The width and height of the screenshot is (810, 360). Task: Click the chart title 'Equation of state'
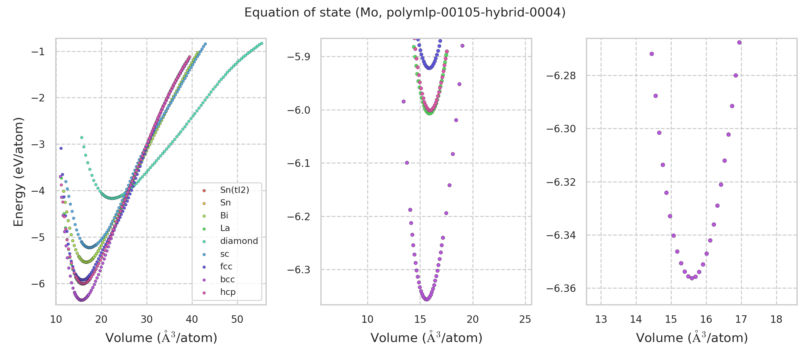405,13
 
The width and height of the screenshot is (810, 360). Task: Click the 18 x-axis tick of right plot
776,320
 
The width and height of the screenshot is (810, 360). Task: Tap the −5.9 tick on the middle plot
298,57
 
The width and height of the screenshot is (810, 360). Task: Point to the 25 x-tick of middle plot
525,320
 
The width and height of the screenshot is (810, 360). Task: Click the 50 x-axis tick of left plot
237,320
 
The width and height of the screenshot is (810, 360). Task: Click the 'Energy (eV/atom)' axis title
18,172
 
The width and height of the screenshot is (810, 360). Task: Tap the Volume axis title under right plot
692,338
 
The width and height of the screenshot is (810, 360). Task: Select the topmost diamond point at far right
262,43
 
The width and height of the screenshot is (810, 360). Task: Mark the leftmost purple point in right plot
652,54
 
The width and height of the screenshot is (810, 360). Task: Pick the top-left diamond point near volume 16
82,138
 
